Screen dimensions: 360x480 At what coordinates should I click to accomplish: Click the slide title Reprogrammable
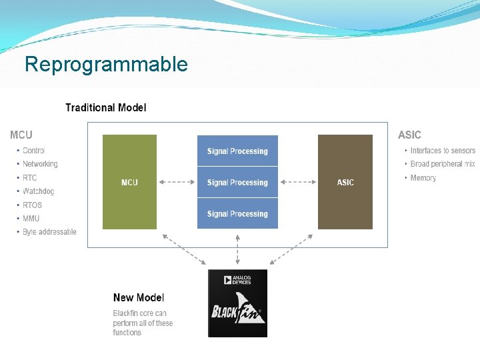pyautogui.click(x=106, y=65)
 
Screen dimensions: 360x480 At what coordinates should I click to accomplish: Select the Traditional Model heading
pyautogui.click(x=105, y=107)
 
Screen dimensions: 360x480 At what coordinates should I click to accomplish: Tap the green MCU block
pyautogui.click(x=129, y=182)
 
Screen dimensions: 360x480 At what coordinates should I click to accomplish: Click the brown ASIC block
pyautogui.click(x=345, y=182)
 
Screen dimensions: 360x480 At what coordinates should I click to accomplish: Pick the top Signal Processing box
pyautogui.click(x=237, y=151)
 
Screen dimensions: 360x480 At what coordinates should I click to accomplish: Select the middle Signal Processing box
pyautogui.click(x=237, y=183)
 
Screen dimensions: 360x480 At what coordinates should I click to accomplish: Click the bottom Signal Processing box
pyautogui.click(x=237, y=214)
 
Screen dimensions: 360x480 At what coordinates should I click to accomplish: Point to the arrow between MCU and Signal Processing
pyautogui.click(x=177, y=182)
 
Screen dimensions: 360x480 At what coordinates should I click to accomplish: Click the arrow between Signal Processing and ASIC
pyautogui.click(x=297, y=182)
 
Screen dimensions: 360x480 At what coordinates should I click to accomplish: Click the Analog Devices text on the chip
pyautogui.click(x=240, y=280)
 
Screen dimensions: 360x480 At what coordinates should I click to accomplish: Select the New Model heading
pyautogui.click(x=139, y=298)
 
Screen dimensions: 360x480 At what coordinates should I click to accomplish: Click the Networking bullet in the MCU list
pyautogui.click(x=40, y=164)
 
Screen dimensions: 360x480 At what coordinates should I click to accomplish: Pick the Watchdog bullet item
pyautogui.click(x=38, y=191)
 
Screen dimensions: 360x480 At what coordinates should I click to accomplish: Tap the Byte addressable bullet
pyautogui.click(x=49, y=232)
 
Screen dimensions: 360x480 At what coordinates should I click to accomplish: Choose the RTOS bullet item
pyautogui.click(x=32, y=205)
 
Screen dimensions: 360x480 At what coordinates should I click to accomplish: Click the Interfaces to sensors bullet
pyautogui.click(x=443, y=151)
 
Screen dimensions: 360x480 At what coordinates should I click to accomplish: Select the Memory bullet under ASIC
pyautogui.click(x=423, y=178)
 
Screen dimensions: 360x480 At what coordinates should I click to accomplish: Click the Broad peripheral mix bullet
pyautogui.click(x=443, y=164)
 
